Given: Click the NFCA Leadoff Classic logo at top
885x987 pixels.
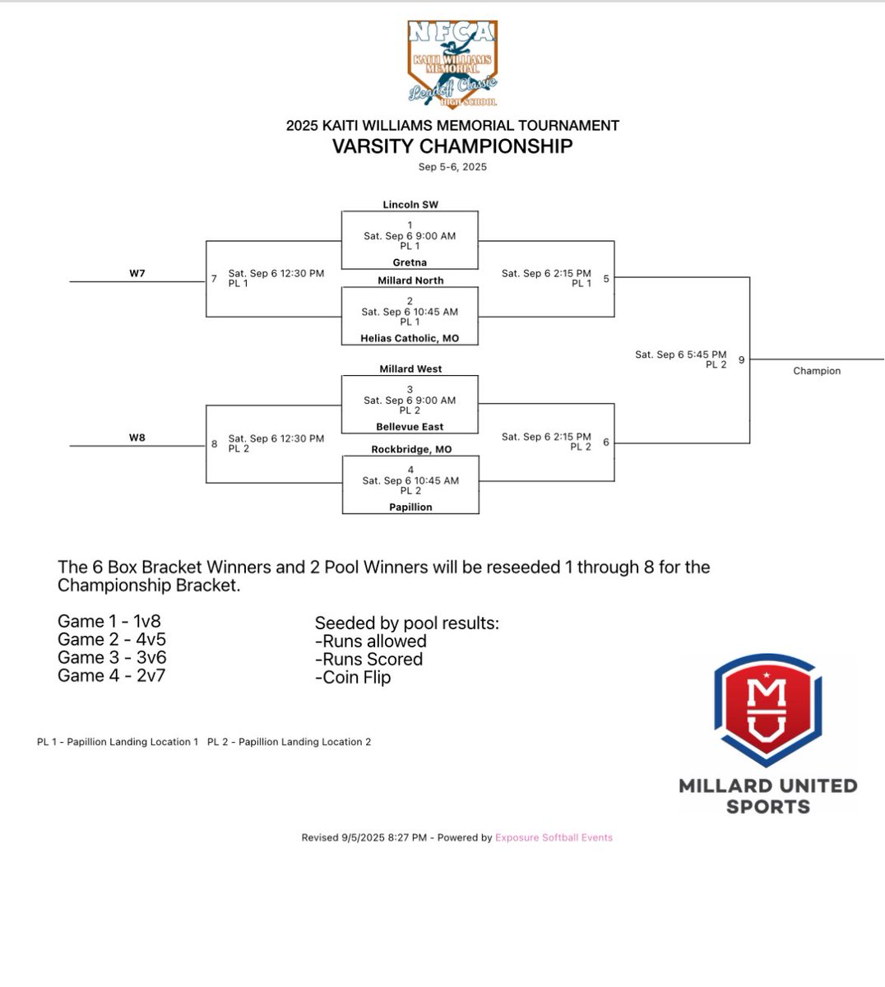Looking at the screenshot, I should (452, 64).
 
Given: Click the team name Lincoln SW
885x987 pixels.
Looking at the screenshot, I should (410, 204).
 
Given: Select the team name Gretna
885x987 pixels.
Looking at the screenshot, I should (410, 262).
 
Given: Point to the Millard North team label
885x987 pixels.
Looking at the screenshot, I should (410, 280).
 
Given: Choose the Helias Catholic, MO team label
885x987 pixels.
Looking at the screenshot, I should (410, 338).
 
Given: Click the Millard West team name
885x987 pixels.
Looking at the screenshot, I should (410, 369).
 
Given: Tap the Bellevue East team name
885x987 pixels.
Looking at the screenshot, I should (410, 427).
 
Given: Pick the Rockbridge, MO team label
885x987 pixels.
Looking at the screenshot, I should (410, 450).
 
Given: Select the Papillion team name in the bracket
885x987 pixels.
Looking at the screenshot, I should (410, 507).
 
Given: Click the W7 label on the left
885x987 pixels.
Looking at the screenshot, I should (137, 273).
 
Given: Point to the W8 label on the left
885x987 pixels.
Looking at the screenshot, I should (137, 438).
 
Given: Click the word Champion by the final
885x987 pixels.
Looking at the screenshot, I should (817, 371).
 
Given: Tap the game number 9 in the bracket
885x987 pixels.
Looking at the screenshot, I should (741, 359).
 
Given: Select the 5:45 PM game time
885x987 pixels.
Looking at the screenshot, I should (681, 354).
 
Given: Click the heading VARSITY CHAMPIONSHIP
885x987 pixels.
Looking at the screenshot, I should (452, 146).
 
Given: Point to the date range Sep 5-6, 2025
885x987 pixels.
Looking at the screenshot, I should (452, 167).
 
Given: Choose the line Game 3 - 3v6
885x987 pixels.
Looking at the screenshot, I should (112, 657).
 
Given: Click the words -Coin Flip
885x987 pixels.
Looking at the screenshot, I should (353, 678).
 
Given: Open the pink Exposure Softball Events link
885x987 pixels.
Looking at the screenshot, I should (554, 837).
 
